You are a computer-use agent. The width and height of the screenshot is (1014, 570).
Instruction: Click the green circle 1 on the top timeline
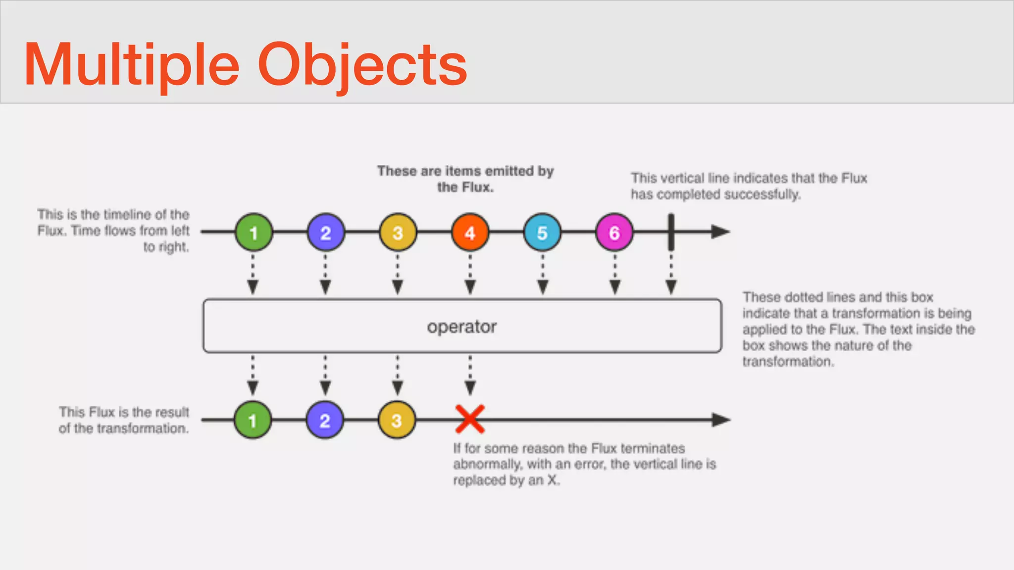[x=253, y=233]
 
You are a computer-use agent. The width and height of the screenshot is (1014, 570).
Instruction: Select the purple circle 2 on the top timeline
[x=326, y=233]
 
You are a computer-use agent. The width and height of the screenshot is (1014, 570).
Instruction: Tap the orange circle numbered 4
[x=470, y=233]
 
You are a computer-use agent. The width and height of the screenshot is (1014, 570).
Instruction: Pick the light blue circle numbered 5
[x=542, y=233]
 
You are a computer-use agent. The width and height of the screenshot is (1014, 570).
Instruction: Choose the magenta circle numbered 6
[x=614, y=233]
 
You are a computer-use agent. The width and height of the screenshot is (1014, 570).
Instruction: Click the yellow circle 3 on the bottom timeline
[x=397, y=420]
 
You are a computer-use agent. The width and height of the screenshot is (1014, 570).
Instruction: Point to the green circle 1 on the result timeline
[x=253, y=420]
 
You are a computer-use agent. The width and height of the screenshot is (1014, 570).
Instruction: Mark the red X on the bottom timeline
[x=470, y=419]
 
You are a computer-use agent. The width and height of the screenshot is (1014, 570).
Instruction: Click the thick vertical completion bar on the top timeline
[x=671, y=232]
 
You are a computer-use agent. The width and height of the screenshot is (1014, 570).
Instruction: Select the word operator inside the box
[x=461, y=327]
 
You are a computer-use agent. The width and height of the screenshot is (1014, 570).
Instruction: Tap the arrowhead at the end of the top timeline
[x=720, y=232]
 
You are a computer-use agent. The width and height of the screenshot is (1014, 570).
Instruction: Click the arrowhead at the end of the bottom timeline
[x=721, y=420]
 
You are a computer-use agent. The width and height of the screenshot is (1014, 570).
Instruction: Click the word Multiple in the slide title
[x=131, y=65]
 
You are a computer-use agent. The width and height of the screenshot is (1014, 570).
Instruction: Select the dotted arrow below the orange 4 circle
[x=470, y=275]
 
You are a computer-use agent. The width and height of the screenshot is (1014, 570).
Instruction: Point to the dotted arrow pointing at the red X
[x=470, y=375]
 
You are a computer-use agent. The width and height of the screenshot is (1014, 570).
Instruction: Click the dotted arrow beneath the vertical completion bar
[x=671, y=275]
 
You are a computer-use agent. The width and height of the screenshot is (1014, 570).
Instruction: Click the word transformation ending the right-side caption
[x=787, y=362]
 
